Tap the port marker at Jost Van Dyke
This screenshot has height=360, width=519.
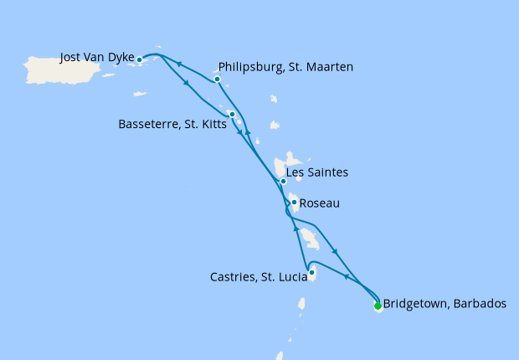pyautogui.click(x=140, y=59)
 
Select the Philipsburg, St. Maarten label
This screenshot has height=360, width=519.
pyautogui.click(x=285, y=67)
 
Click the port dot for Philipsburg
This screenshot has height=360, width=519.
pyautogui.click(x=217, y=80)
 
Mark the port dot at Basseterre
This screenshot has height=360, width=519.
pyautogui.click(x=232, y=114)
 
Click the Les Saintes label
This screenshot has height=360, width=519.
pyautogui.click(x=317, y=172)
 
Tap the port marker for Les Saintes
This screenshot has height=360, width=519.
pyautogui.click(x=283, y=181)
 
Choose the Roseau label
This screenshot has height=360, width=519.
pyautogui.click(x=319, y=203)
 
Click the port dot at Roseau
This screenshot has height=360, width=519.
pyautogui.click(x=294, y=202)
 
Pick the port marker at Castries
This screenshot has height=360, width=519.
pyautogui.click(x=311, y=272)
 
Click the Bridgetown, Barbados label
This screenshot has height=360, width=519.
pyautogui.click(x=444, y=304)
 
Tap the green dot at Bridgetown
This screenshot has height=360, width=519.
pyautogui.click(x=378, y=306)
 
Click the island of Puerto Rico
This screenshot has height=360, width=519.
pyautogui.click(x=64, y=69)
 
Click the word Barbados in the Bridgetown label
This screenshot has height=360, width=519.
pyautogui.click(x=478, y=304)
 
